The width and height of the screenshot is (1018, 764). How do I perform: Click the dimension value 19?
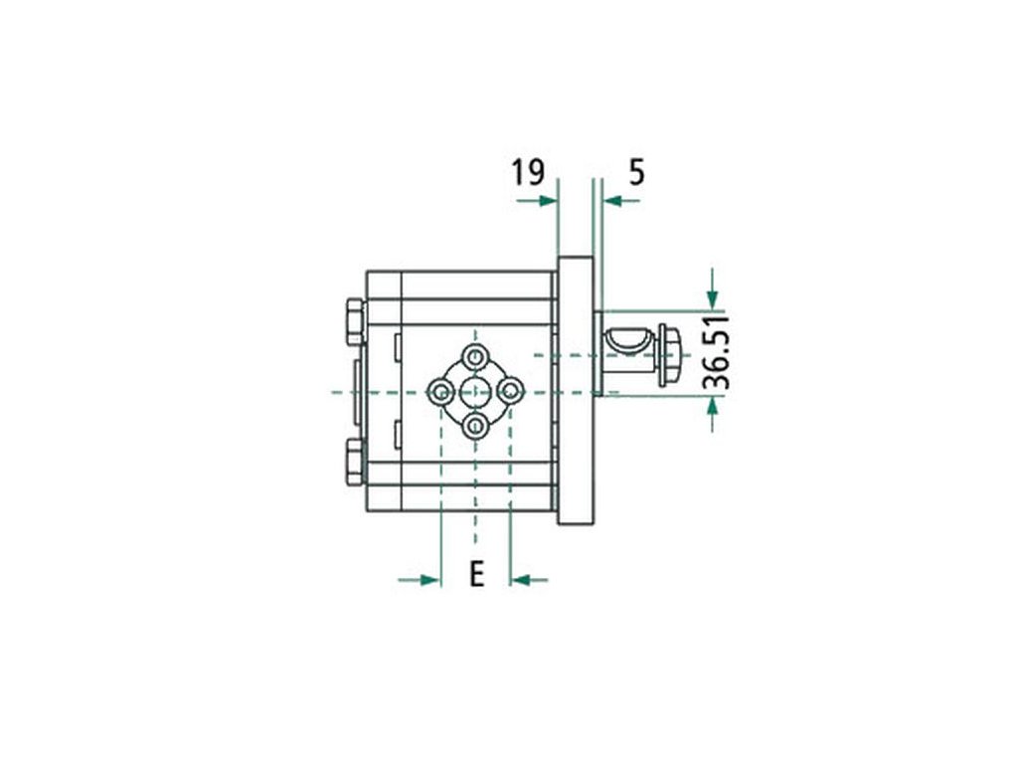[527, 173]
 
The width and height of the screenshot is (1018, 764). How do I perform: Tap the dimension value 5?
[637, 173]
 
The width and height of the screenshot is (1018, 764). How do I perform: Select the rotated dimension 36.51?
[717, 353]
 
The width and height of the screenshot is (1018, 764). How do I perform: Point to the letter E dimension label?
[477, 574]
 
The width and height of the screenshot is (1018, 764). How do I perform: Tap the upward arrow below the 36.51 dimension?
[713, 415]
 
